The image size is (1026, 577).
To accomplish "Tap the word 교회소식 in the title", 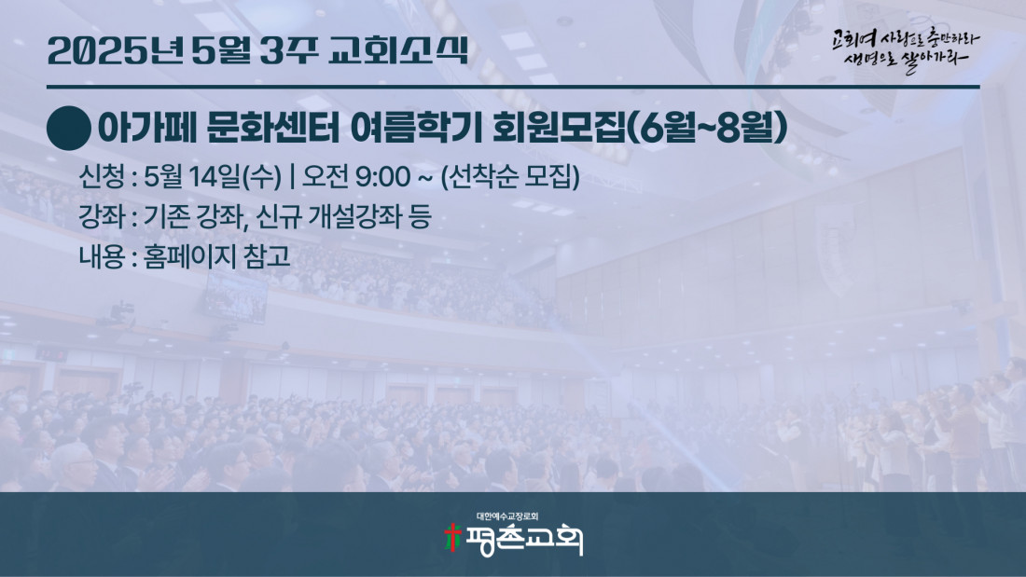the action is pyautogui.click(x=398, y=50).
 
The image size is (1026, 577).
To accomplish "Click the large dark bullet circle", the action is pyautogui.click(x=69, y=129).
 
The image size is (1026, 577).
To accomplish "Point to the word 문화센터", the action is pyautogui.click(x=273, y=128).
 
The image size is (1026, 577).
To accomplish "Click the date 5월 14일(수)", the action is pyautogui.click(x=213, y=176).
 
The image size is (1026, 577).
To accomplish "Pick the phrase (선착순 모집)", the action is pyautogui.click(x=510, y=176).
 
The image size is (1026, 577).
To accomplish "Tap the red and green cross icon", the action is pyautogui.click(x=452, y=538).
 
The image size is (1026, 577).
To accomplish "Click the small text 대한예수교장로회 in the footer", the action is pyautogui.click(x=507, y=516).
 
